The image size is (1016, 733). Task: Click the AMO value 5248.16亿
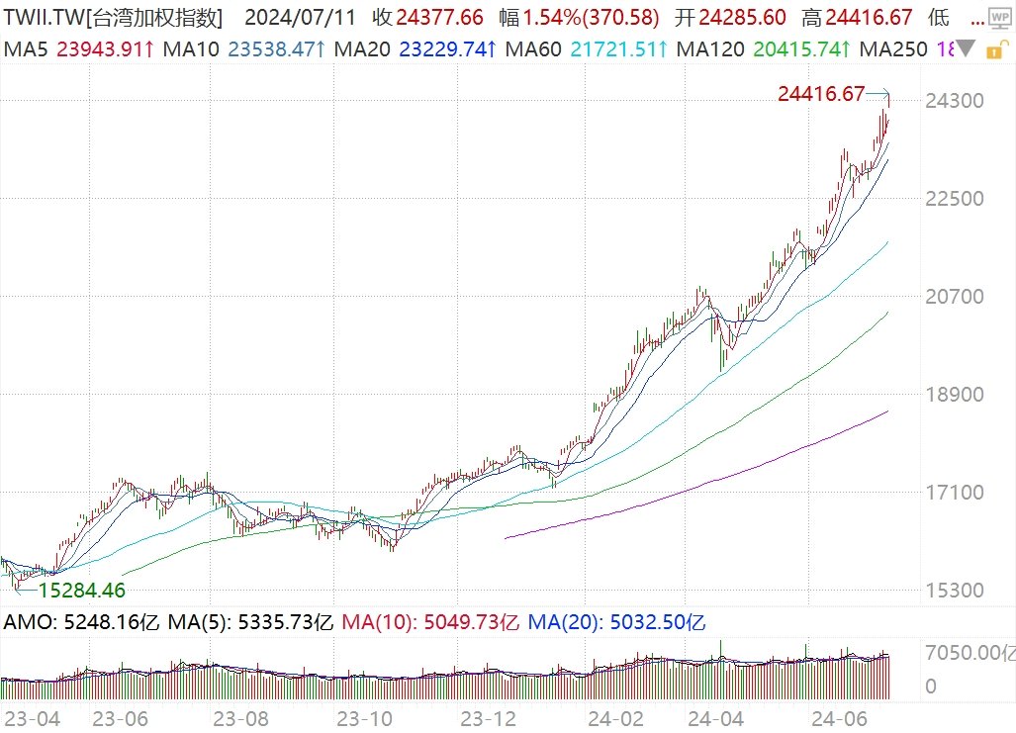tap(108, 623)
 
